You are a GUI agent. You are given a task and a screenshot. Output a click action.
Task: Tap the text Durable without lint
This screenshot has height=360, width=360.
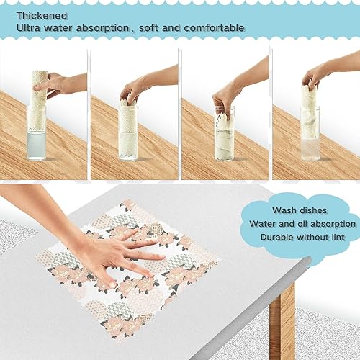pos(302,236)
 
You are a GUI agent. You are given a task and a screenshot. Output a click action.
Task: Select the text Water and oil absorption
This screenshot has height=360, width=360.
pos(302,223)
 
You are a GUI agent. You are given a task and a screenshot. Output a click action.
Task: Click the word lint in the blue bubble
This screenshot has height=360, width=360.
pos(336,236)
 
